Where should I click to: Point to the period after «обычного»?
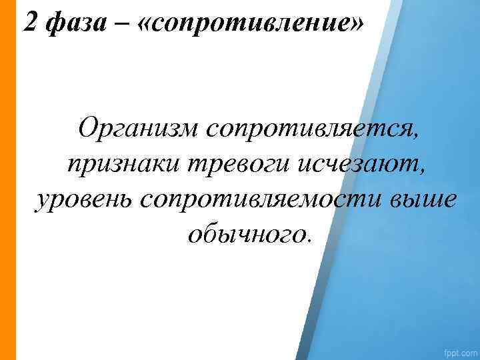[x=308, y=241]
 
